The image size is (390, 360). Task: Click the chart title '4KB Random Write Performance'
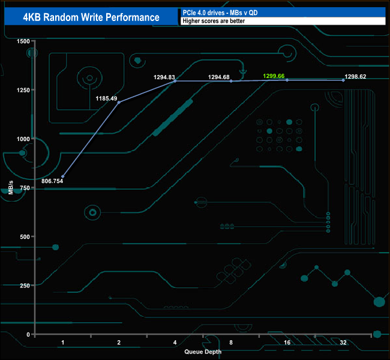coord(91,17)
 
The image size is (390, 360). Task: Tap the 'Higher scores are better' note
coord(214,21)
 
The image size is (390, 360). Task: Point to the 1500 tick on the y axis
coord(23,41)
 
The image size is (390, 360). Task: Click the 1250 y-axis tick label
coord(23,90)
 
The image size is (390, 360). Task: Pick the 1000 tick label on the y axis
coord(23,139)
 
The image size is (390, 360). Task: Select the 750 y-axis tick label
coord(24,187)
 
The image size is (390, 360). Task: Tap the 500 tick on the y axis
coord(24,236)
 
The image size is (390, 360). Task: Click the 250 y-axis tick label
coord(24,285)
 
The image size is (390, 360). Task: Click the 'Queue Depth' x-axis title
coord(203,352)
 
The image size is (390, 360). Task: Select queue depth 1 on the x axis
coord(63,343)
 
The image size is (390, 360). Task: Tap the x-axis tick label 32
coord(343,343)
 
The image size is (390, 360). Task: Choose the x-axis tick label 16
coord(287,343)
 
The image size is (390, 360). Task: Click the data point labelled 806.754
coord(63,176)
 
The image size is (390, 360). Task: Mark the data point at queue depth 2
coord(119,103)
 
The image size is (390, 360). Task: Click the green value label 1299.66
coord(278,77)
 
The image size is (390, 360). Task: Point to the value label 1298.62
coord(355,77)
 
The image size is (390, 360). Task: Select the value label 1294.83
coord(164,77)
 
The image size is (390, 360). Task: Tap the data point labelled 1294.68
coord(231,81)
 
